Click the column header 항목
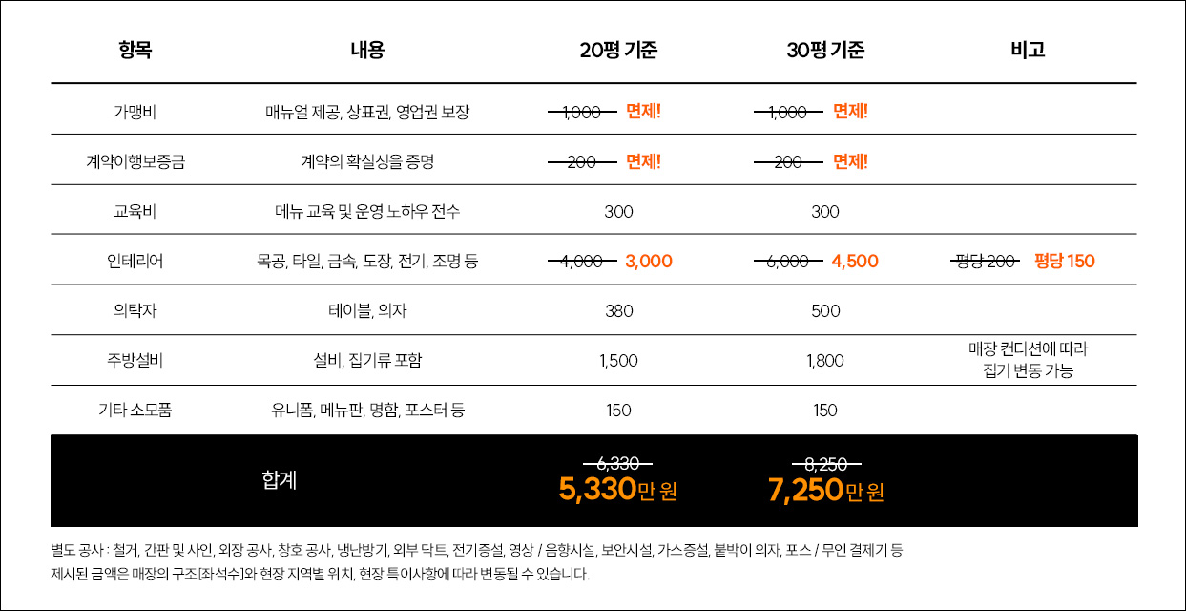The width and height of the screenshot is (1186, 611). click(x=135, y=51)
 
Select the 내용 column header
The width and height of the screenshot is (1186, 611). click(x=367, y=51)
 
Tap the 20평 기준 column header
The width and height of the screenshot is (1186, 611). click(x=618, y=51)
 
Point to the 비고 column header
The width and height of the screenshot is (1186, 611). click(x=1028, y=51)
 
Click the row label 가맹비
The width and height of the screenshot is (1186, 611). click(x=135, y=112)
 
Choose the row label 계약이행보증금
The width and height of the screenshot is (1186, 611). click(x=135, y=161)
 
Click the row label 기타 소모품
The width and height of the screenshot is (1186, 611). click(x=135, y=411)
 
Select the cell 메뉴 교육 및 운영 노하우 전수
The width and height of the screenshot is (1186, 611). click(x=367, y=211)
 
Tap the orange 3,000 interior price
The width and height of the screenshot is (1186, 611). click(x=649, y=261)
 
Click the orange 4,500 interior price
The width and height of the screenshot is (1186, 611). click(x=855, y=261)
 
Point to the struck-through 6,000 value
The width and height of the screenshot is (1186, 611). click(x=788, y=261)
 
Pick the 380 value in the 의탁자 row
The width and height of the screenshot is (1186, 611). click(x=618, y=311)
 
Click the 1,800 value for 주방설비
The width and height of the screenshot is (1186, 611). click(x=825, y=361)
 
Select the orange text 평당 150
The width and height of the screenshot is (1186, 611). click(x=1065, y=261)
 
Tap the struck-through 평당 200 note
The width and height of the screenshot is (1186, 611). click(x=987, y=261)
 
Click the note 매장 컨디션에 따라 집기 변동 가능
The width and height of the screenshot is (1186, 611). click(x=1028, y=360)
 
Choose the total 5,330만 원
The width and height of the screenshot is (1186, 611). click(x=617, y=491)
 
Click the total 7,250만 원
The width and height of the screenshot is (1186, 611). click(x=825, y=491)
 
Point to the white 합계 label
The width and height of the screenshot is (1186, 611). click(x=280, y=480)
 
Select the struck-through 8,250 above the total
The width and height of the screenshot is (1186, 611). click(x=825, y=464)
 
